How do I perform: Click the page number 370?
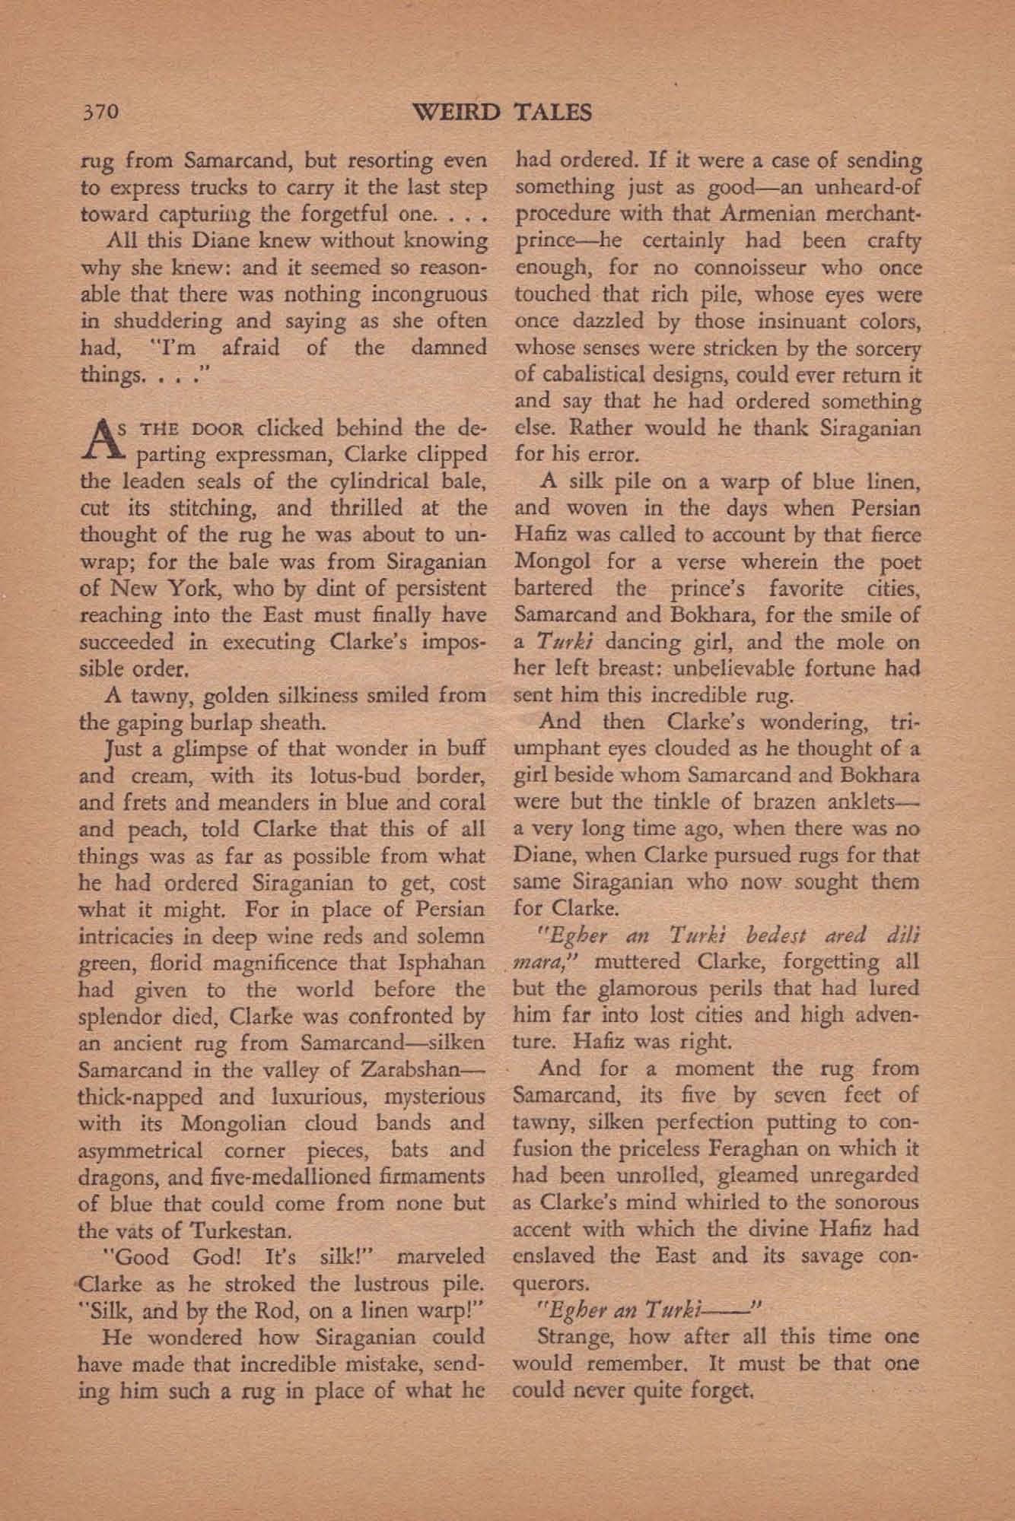click(100, 113)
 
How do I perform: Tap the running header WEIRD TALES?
click(502, 113)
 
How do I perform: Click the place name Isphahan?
click(441, 962)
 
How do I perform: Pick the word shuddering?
click(157, 321)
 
